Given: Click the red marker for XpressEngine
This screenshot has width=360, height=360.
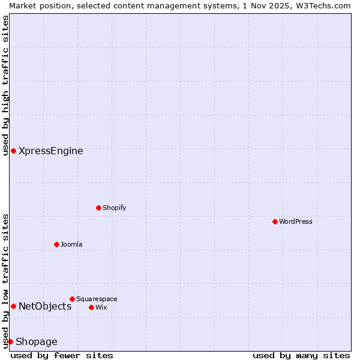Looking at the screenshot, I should [x=13, y=151].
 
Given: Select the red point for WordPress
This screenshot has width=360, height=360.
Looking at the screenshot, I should [x=275, y=221].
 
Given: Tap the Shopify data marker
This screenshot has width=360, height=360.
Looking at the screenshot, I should [x=98, y=208].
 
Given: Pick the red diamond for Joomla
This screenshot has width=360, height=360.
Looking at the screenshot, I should [x=56, y=244].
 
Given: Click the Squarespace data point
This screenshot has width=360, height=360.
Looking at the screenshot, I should [x=72, y=299].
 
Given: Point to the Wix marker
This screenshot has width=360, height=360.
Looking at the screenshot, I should [x=91, y=307].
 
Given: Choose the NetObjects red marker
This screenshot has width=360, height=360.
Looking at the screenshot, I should [x=13, y=306].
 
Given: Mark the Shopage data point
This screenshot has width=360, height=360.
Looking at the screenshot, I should [x=10, y=341].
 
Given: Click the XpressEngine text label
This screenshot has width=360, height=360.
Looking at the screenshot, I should [x=51, y=151].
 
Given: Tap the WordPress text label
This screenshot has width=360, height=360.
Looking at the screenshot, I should [x=296, y=221].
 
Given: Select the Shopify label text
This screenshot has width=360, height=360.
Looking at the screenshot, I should [x=114, y=208].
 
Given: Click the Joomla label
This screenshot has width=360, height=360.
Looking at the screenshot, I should [x=71, y=244].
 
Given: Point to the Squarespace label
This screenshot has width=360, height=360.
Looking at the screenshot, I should [x=97, y=299].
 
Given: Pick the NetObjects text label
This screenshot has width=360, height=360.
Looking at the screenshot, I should [x=45, y=307].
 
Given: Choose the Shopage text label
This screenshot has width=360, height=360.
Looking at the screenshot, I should [x=37, y=342].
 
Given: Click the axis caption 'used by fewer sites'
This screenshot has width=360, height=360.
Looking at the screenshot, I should [x=62, y=355].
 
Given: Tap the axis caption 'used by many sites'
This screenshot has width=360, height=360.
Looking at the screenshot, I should [x=301, y=355].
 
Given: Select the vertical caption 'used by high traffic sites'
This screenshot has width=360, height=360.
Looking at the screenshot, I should [x=5, y=85].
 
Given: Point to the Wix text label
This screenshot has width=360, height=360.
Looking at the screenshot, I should [x=101, y=307].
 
